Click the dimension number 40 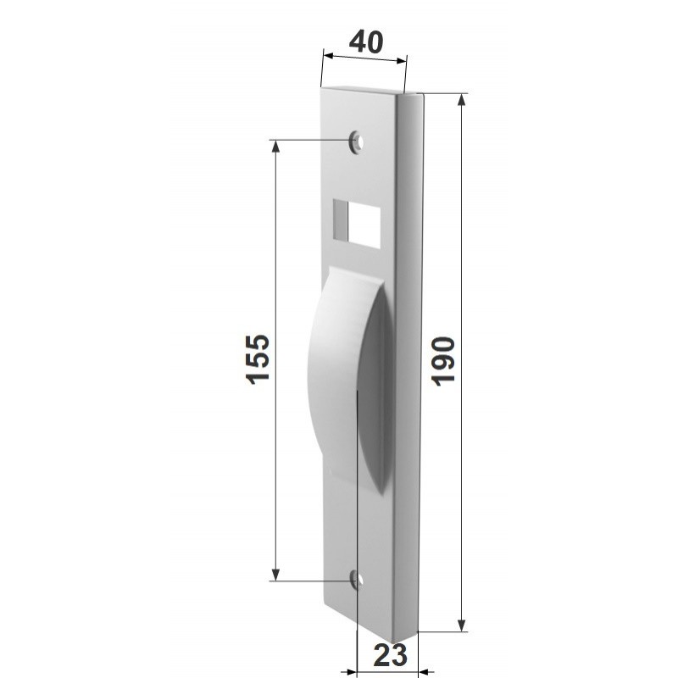click(x=366, y=42)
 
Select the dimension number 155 click(x=258, y=358)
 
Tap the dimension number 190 click(x=443, y=361)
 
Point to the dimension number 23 click(x=390, y=655)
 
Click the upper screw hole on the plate click(x=356, y=141)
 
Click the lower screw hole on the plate click(x=356, y=580)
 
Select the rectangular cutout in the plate click(x=357, y=224)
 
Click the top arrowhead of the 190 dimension click(x=461, y=100)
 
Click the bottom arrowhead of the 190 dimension click(x=461, y=625)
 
